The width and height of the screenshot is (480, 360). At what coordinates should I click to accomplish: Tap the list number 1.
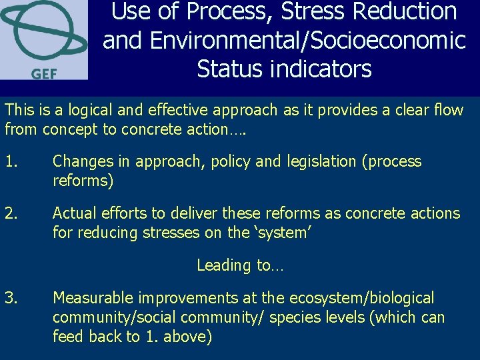click(x=11, y=161)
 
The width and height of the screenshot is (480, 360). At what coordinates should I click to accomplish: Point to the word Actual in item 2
click(x=74, y=213)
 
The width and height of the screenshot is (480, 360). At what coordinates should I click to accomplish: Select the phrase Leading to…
click(x=240, y=265)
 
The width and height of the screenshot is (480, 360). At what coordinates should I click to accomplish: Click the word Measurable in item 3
click(x=93, y=298)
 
